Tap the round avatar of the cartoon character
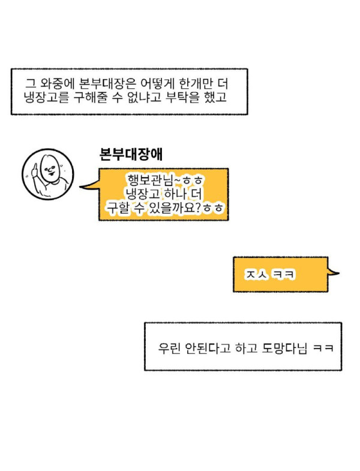48,173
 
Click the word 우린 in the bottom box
168,347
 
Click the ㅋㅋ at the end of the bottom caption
322,348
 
